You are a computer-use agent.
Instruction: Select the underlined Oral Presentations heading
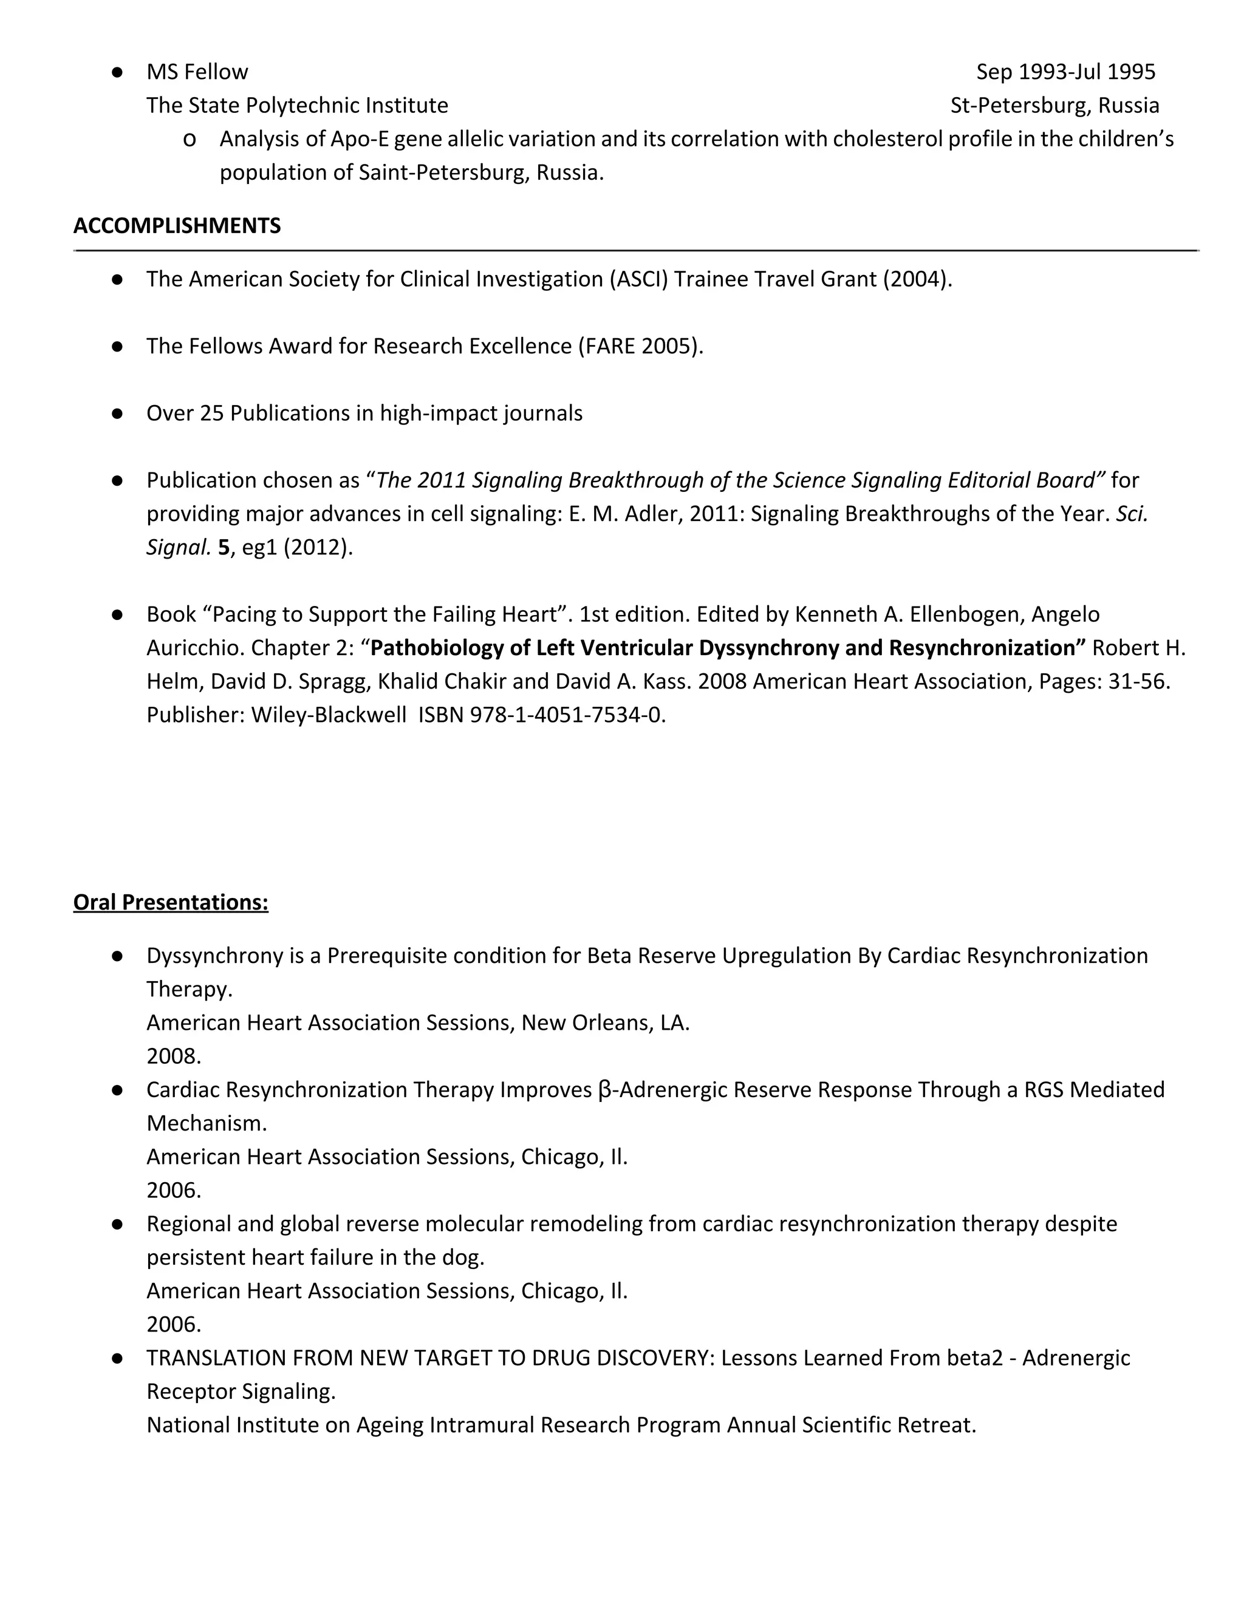170,902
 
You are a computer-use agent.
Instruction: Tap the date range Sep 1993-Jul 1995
1065,72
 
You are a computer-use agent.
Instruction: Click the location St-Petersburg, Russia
1054,106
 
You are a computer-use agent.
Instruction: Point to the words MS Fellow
197,72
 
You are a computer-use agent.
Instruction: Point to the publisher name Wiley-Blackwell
329,715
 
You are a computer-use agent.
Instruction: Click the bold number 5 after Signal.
224,548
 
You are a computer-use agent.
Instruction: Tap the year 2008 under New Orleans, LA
173,1056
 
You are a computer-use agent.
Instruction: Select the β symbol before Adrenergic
605,1090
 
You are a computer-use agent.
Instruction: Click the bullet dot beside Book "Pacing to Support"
117,614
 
